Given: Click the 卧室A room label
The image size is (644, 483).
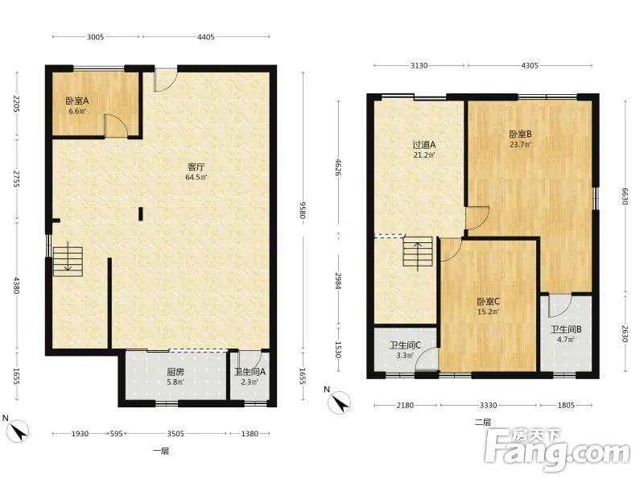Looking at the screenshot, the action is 77,101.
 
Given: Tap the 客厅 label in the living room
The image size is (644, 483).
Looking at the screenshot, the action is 196,167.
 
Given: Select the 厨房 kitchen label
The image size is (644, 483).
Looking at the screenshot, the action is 175,372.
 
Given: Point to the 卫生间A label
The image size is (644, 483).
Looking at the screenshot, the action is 250,372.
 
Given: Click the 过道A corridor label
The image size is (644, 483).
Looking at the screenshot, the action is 424,145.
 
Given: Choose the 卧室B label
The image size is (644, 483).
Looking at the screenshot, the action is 520,134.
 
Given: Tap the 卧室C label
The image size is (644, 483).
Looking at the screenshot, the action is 489,301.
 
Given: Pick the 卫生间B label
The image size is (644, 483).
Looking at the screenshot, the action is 566,329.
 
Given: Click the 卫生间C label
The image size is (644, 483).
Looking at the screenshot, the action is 405,345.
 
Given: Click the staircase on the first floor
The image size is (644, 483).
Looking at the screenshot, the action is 68,261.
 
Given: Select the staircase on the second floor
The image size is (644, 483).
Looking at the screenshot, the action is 418,251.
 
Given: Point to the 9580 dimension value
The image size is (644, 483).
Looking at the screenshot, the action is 303,210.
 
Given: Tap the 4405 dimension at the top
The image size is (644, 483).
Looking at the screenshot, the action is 206,37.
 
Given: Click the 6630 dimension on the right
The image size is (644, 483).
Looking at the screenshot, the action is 625,196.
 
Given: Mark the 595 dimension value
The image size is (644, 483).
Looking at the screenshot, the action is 116,434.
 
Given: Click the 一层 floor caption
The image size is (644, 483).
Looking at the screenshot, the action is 160,452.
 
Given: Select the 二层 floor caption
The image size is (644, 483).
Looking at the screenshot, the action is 482,423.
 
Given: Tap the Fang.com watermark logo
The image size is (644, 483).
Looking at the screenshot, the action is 557,451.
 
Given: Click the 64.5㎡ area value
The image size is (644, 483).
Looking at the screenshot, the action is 196,177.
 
